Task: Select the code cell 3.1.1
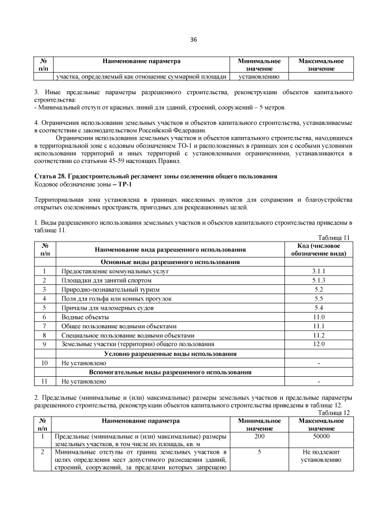coord(318,270)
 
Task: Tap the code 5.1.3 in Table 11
coord(318,280)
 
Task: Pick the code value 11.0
coord(318,317)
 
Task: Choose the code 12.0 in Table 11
coord(318,344)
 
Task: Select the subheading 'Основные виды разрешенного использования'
coord(170,261)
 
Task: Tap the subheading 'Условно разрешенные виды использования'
coord(170,354)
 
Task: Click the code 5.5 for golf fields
coord(318,298)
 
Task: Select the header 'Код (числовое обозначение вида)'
coord(318,248)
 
